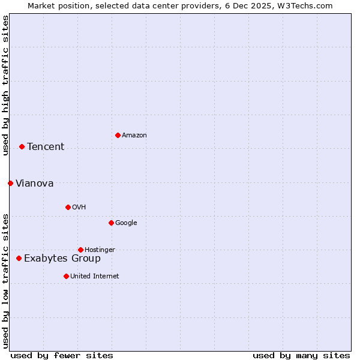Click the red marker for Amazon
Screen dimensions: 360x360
[118, 135]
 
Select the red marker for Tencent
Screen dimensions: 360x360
[22, 146]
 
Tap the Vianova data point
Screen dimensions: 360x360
[10, 183]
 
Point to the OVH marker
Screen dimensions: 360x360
[68, 207]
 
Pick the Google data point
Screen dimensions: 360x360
[111, 223]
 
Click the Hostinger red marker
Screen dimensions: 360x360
[80, 250]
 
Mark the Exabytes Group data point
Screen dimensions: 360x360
[19, 258]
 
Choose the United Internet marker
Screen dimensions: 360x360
[66, 276]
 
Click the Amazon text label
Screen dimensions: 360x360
[134, 136]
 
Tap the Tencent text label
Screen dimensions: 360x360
[46, 147]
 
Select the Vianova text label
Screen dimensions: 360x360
[34, 184]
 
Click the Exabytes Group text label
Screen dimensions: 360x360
[62, 259]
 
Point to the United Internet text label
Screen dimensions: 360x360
[94, 277]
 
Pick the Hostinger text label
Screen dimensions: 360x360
[100, 250]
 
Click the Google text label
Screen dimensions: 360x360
[126, 223]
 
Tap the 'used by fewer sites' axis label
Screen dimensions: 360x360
[62, 355]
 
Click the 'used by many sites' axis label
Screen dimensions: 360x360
[301, 355]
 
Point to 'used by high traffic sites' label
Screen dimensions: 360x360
[5, 85]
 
